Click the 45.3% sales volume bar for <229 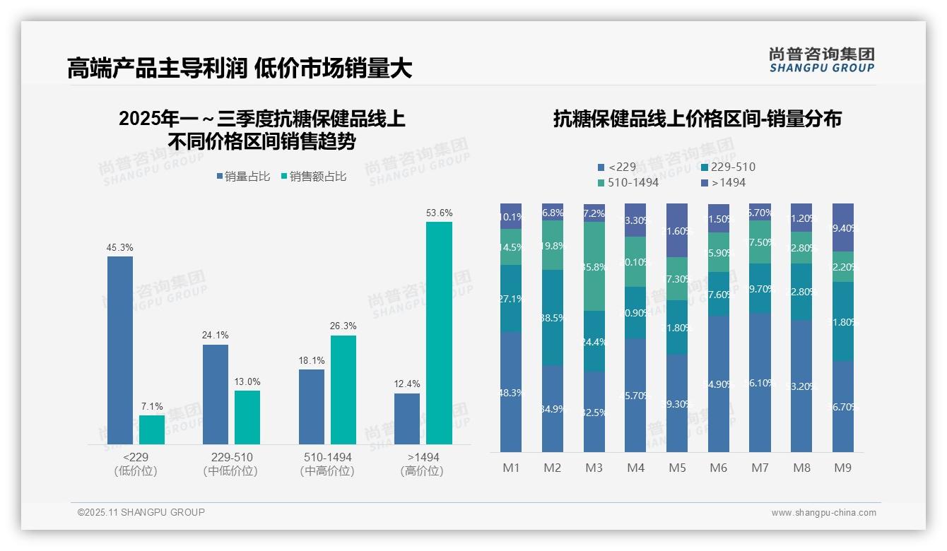pyautogui.click(x=120, y=350)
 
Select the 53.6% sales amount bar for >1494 pyautogui.click(x=439, y=333)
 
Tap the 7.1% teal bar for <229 pyautogui.click(x=152, y=429)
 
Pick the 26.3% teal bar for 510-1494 pyautogui.click(x=343, y=389)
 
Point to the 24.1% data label pyautogui.click(x=216, y=335)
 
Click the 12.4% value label pyautogui.click(x=407, y=384)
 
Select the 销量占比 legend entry pyautogui.click(x=243, y=177)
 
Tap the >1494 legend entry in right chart pyautogui.click(x=724, y=183)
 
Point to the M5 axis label pyautogui.click(x=678, y=468)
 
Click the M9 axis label pyautogui.click(x=843, y=468)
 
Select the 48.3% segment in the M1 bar pyautogui.click(x=511, y=391)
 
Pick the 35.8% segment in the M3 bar pyautogui.click(x=594, y=266)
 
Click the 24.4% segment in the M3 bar pyautogui.click(x=594, y=341)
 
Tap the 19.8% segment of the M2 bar pyautogui.click(x=553, y=245)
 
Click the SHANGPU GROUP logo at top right pyautogui.click(x=821, y=60)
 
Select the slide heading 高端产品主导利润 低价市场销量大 pyautogui.click(x=240, y=69)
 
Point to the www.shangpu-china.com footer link pyautogui.click(x=823, y=513)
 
